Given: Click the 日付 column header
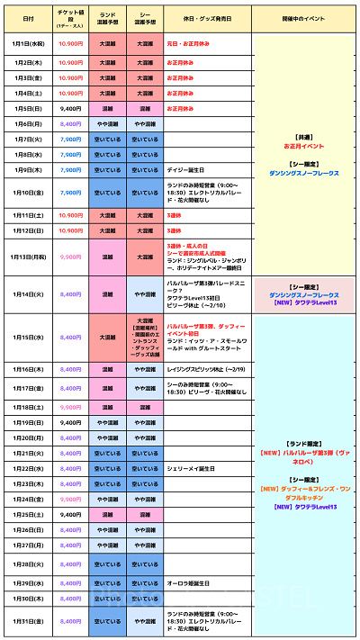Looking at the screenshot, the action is pos(29,18).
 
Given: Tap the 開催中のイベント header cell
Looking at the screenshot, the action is pos(302,18).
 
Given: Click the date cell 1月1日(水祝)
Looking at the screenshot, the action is pos(29,42).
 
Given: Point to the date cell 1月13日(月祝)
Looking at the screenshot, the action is pos(29,257).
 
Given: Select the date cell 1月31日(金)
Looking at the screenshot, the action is pos(29,621).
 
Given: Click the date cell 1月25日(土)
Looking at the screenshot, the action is pos(29,514).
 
